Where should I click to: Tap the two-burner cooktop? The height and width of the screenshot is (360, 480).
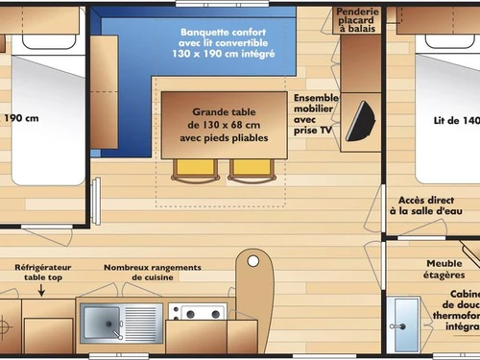tap(198, 313)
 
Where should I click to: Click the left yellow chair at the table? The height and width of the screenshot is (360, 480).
tap(189, 169)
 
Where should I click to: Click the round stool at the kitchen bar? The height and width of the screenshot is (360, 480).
tap(253, 260)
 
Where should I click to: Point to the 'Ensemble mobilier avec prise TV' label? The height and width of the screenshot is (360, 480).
tap(316, 113)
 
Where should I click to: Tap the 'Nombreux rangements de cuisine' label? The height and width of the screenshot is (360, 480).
tap(153, 272)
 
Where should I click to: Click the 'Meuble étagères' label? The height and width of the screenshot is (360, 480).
tap(445, 269)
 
